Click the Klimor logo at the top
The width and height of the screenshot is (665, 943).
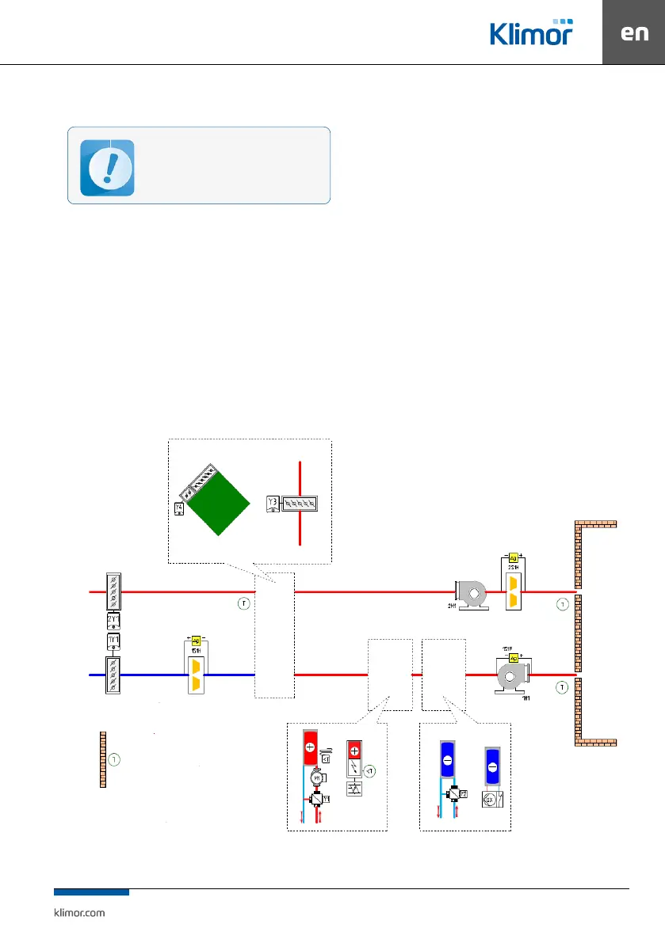click(530, 32)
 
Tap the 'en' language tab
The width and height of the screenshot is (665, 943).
click(633, 33)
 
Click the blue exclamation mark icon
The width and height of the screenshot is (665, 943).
click(107, 167)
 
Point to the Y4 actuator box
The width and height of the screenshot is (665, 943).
click(179, 508)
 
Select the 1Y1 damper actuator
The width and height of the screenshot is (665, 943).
click(113, 640)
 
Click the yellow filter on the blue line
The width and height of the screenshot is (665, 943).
click(196, 674)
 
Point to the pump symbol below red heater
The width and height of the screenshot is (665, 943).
click(317, 779)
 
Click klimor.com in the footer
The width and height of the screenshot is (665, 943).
click(78, 912)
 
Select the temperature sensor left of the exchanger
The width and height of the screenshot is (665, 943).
click(244, 604)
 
